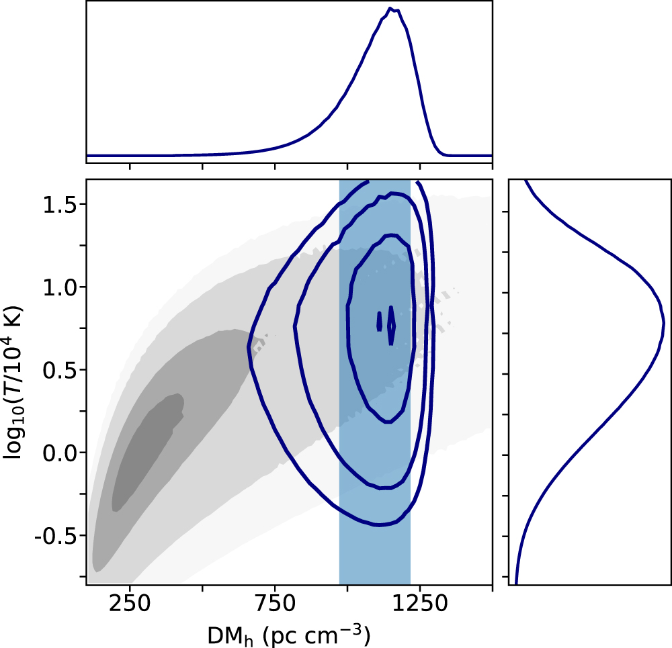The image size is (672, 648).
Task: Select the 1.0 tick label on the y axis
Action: pyautogui.click(x=60, y=287)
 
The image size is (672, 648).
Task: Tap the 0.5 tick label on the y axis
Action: pyautogui.click(x=60, y=370)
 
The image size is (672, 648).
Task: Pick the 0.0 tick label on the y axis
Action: pyautogui.click(x=60, y=453)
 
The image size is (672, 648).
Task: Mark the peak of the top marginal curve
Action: pyautogui.click(x=390, y=9)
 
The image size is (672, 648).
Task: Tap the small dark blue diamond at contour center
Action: pyautogui.click(x=392, y=326)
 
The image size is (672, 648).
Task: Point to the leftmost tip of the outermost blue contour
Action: pyautogui.click(x=249, y=348)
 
